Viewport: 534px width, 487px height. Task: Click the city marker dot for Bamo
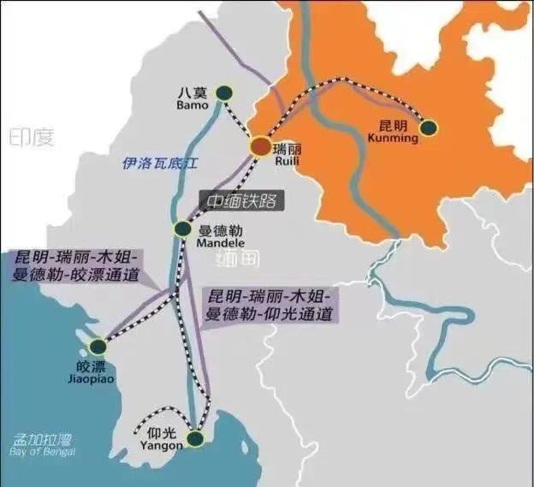point(224,92)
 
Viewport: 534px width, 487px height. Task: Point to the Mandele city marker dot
point(182,229)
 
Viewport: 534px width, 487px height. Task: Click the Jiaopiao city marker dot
point(98,346)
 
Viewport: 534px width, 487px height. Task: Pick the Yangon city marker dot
point(196,439)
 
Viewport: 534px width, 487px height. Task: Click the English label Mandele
point(217,242)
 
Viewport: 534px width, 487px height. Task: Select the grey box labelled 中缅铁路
point(242,202)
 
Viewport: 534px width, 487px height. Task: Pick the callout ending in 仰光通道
point(270,306)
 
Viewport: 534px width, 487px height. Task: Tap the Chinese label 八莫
point(192,92)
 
